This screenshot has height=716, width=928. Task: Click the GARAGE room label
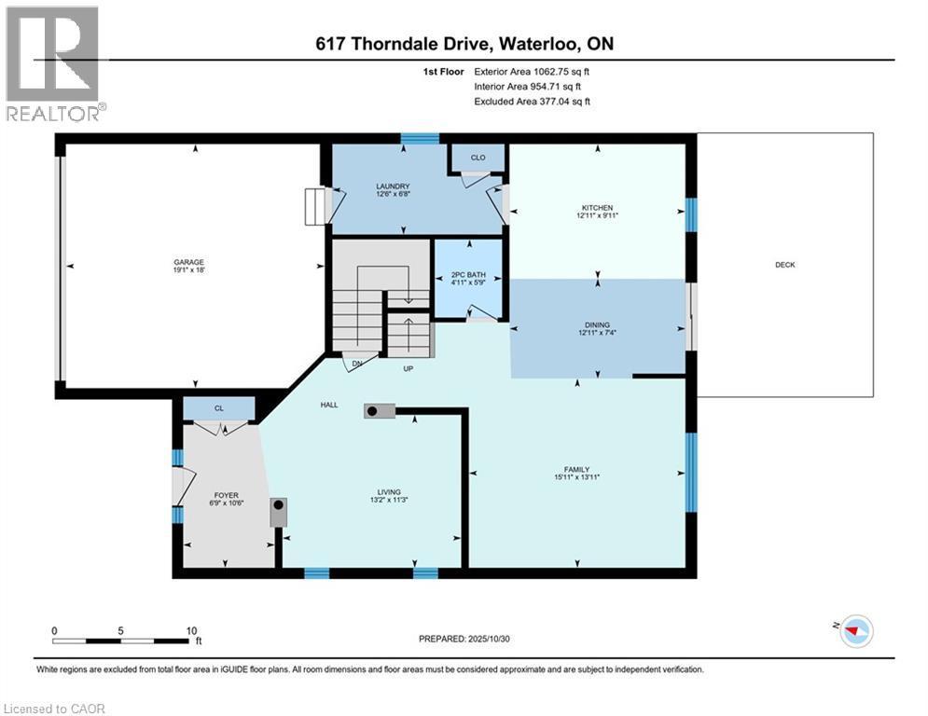click(187, 262)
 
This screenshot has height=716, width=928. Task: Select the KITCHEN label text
click(597, 208)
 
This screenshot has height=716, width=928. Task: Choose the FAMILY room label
click(576, 470)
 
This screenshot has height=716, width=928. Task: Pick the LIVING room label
click(389, 492)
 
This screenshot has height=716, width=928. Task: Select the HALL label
click(329, 405)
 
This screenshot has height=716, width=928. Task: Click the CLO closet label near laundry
click(478, 158)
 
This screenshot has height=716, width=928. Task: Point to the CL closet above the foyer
click(218, 407)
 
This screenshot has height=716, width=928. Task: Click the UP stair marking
click(408, 368)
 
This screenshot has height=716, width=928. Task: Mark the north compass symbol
click(855, 631)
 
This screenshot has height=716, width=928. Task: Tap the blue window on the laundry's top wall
click(420, 139)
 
